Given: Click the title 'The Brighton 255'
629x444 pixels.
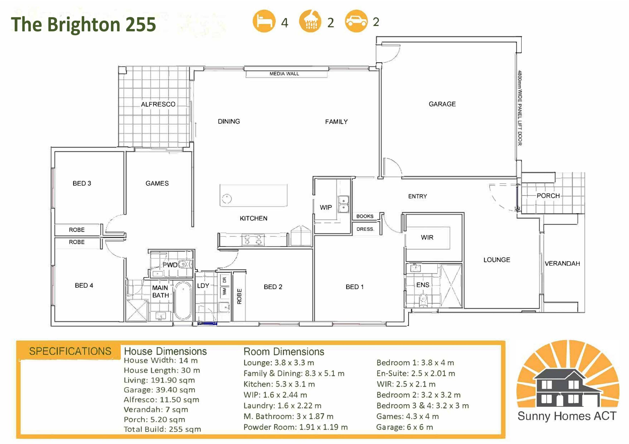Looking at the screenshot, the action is point(83,24).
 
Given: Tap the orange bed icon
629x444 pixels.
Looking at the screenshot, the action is point(264,21).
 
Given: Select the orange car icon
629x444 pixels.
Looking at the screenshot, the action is point(356,21).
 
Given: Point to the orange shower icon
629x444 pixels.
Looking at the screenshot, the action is point(310,21).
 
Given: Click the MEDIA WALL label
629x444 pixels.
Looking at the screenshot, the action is point(284,74).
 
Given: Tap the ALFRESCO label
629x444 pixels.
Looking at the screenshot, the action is point(158,104).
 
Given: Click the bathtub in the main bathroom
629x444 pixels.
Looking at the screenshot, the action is point(183,301).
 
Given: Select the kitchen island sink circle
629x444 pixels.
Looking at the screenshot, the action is point(227,199).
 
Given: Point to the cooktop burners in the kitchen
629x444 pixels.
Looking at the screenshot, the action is point(253,240).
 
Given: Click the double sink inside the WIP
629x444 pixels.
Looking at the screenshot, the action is point(343,204).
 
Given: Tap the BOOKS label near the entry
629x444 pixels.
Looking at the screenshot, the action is point(365,216).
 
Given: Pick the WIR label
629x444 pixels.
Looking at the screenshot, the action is point(427,237).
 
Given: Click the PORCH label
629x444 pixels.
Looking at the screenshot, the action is point(548,196).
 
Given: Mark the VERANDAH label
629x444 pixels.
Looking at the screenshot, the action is point(562,264).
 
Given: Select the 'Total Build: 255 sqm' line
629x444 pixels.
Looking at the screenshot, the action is point(162,429).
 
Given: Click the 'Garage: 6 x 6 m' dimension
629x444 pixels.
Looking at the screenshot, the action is point(405,427).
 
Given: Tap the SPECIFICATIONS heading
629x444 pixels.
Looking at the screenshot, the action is point(70,351).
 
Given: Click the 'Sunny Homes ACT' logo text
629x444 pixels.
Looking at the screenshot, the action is point(567,416).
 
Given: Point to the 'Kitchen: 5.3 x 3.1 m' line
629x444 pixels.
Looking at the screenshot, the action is point(279,384).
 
